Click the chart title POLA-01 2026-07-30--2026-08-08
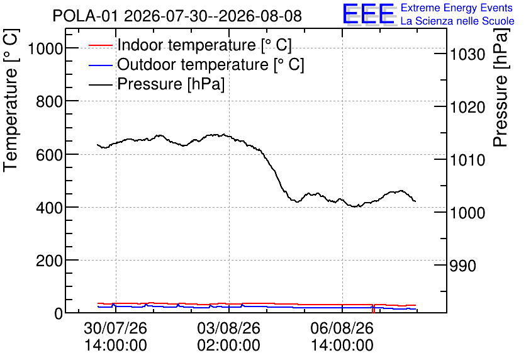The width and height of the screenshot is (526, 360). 177,16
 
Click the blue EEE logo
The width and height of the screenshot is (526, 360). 368,14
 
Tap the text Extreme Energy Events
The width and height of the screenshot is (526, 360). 457,8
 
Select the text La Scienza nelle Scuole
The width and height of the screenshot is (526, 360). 457,21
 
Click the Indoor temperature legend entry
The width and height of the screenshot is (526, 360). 190,45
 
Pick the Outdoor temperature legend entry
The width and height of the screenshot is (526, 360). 196,64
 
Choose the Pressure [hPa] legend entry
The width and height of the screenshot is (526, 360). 157,84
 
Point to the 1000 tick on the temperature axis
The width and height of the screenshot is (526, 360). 46,49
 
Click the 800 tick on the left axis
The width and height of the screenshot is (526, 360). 49,102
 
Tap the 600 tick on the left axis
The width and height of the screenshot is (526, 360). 49,155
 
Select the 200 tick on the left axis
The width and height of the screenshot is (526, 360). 49,261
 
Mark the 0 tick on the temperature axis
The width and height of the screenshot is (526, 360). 59,313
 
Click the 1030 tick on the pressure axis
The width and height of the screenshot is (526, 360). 467,54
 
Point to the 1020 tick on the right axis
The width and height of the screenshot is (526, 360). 467,108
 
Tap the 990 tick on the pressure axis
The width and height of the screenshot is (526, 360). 463,266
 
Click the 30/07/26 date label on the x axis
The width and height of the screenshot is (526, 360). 115,328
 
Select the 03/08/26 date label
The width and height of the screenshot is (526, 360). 228,328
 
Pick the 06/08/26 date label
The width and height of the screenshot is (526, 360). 342,328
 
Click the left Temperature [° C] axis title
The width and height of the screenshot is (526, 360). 11,101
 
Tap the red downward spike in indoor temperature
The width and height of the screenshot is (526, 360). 373,309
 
